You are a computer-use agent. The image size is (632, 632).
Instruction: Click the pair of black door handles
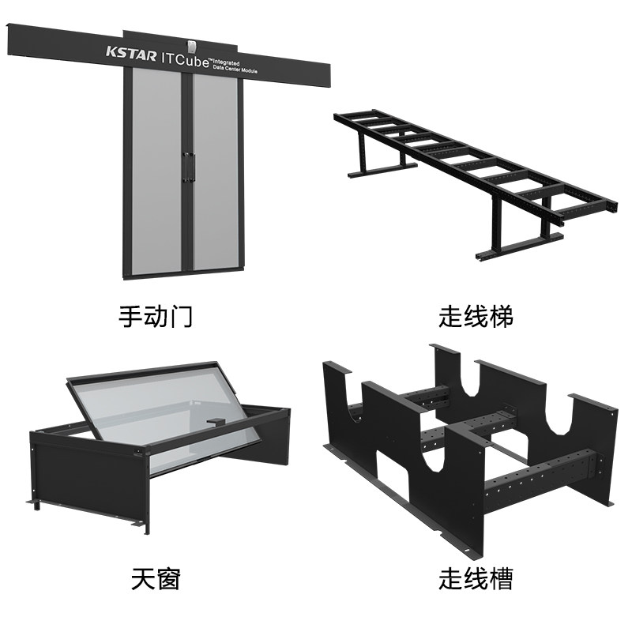pos(187,165)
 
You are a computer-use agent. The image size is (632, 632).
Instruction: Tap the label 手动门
pos(156,317)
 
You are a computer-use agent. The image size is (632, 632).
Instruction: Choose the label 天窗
pos(156,579)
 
